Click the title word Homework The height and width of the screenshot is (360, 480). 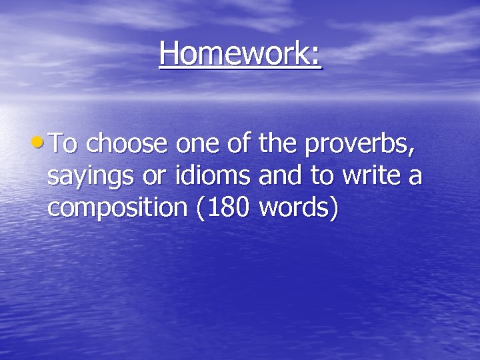point(234,53)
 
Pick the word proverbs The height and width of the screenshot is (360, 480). point(363,145)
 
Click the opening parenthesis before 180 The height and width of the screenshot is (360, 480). point(201,208)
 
